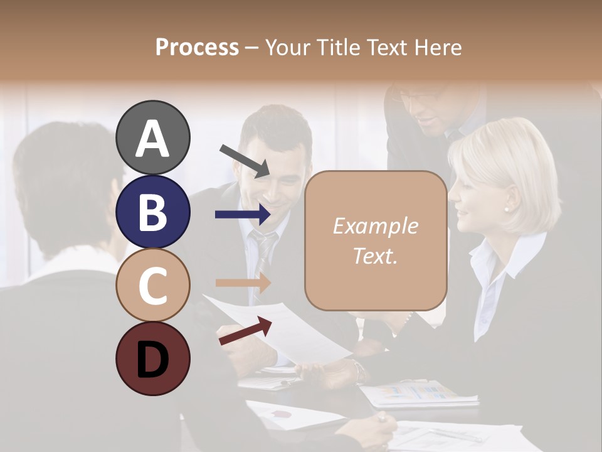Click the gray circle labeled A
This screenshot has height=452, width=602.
pyautogui.click(x=152, y=138)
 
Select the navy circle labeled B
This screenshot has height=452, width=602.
pyautogui.click(x=152, y=212)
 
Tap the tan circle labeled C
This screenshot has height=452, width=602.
pyautogui.click(x=152, y=285)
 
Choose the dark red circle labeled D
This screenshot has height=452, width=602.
pyautogui.click(x=152, y=358)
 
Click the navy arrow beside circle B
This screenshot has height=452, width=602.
pyautogui.click(x=243, y=215)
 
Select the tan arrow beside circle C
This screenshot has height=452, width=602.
pyautogui.click(x=243, y=282)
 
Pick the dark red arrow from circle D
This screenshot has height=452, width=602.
pyautogui.click(x=245, y=331)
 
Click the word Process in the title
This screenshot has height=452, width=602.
pyautogui.click(x=197, y=47)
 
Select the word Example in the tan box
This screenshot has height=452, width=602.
pyautogui.click(x=375, y=226)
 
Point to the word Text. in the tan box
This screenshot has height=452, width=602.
pyautogui.click(x=375, y=256)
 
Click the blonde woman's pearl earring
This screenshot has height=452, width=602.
pyautogui.click(x=507, y=209)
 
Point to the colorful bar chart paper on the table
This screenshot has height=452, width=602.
pyautogui.click(x=420, y=392)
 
